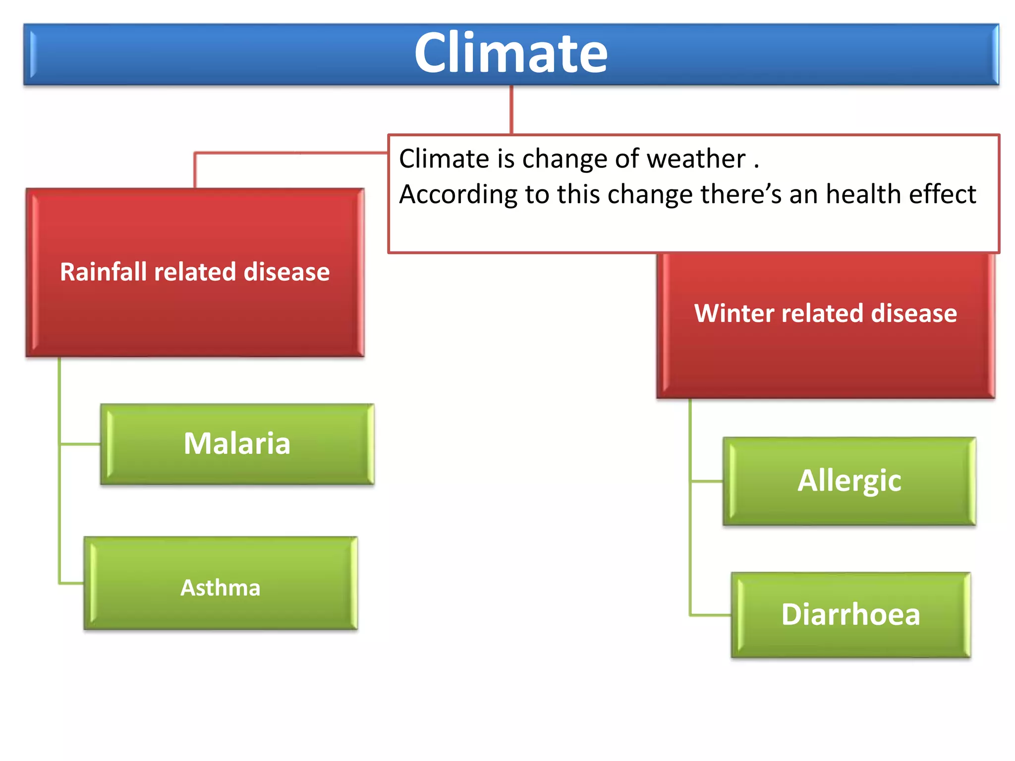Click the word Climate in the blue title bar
pyautogui.click(x=510, y=53)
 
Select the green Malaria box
pyautogui.click(x=237, y=443)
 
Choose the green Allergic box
pyautogui.click(x=849, y=481)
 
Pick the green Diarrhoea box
pyautogui.click(x=850, y=615)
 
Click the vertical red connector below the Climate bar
pyautogui.click(x=511, y=109)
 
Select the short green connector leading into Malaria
pyautogui.click(x=80, y=444)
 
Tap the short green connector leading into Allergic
pyautogui.click(x=707, y=481)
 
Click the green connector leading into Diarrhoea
pyautogui.click(x=710, y=615)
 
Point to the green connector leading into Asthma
pyautogui.click(x=71, y=583)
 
